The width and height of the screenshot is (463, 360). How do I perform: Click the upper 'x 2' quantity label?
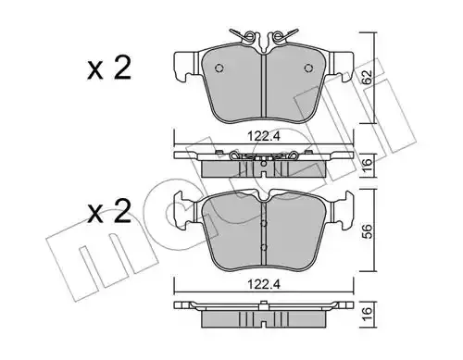pos(109,68)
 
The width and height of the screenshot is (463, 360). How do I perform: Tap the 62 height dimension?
pos(367,77)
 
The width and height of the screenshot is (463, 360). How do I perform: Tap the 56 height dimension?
pos(367,230)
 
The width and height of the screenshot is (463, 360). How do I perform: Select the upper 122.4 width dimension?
pos(264,136)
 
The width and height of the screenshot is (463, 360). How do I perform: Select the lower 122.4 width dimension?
pos(264,284)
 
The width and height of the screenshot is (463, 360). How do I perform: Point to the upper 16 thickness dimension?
pos(367,166)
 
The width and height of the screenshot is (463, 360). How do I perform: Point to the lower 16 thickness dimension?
pos(367,315)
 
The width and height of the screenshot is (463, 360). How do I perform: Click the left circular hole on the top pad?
pos(219,68)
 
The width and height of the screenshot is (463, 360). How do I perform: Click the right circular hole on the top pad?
pos(308,68)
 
